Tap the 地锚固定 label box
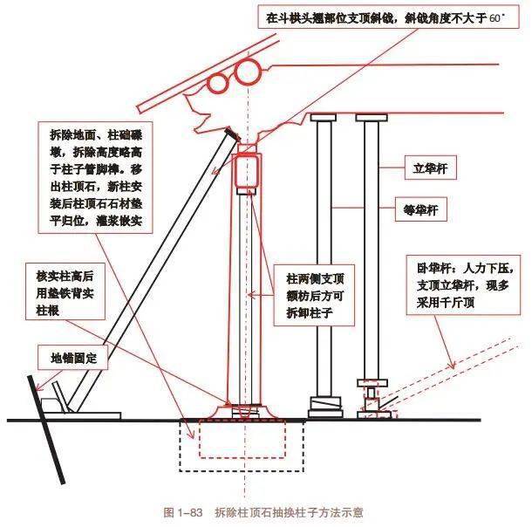[78, 358]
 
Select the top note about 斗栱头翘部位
[385, 17]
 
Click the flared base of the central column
[245, 409]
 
